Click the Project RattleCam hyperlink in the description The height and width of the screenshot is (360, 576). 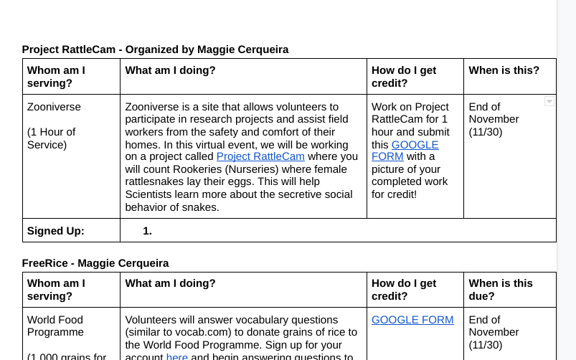point(260,156)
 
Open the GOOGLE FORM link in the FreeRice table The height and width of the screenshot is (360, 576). point(412,320)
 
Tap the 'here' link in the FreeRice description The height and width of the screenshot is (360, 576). point(176,356)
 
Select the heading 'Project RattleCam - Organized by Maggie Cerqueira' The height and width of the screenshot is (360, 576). point(155,49)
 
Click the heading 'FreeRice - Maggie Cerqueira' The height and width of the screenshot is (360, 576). point(95,263)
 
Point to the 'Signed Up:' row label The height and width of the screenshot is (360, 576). point(56,231)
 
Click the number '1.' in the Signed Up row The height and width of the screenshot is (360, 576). point(147,231)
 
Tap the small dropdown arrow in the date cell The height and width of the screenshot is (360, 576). point(549,102)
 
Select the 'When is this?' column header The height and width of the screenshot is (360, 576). point(504,70)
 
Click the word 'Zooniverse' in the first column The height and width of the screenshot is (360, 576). point(54,107)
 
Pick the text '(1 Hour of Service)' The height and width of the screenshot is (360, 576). point(51,138)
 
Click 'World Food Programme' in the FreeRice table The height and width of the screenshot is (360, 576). point(55,326)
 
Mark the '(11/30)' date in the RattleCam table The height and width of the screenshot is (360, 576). point(484,132)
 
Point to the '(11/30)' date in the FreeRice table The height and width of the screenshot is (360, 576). point(484,344)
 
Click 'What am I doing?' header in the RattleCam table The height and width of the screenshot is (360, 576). point(170,70)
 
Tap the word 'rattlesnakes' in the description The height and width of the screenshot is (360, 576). point(156,181)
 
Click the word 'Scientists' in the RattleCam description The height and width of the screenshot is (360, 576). point(150,194)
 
